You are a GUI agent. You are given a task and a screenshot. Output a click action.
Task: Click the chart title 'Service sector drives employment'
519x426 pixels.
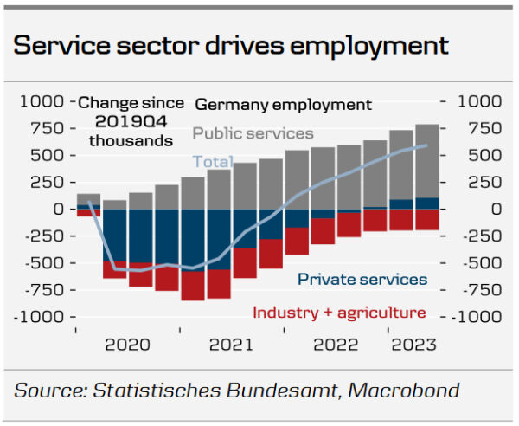231,45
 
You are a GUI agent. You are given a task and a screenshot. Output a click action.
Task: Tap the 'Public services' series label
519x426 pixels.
253,133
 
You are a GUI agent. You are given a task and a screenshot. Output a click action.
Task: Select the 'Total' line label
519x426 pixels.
212,161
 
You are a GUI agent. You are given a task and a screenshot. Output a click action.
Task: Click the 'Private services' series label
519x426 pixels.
362,279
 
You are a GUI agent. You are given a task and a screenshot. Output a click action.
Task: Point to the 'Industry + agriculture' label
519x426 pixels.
339,313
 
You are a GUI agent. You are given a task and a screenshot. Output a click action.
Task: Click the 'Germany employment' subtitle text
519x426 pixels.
284,105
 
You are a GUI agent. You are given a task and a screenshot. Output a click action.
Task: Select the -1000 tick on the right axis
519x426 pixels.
473,317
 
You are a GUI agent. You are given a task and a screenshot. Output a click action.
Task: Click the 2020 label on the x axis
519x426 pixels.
128,345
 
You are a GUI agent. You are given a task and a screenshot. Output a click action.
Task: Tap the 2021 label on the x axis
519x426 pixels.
232,345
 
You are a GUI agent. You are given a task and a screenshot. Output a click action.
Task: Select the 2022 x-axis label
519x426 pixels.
336,345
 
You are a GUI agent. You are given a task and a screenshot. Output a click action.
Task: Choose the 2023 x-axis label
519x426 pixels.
413,345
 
